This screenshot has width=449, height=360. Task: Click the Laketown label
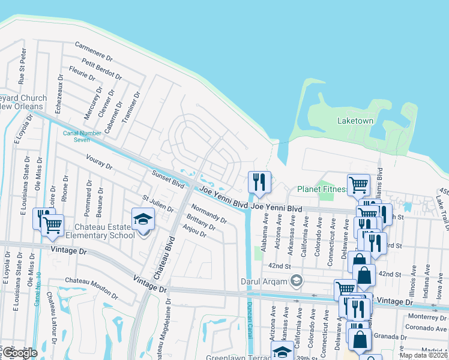click(355, 121)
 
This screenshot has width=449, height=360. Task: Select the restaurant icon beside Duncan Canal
click(259, 182)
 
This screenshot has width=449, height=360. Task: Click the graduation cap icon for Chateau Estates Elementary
click(143, 220)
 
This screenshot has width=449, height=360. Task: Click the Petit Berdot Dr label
click(102, 70)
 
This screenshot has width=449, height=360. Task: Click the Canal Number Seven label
click(76, 136)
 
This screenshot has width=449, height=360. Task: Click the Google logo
click(19, 353)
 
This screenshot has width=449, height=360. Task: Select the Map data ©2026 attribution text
click(423, 355)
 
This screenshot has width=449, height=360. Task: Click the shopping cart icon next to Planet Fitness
click(358, 185)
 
